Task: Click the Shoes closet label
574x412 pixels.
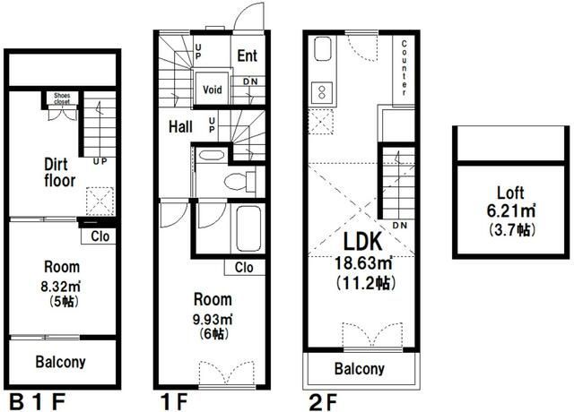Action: [62, 99]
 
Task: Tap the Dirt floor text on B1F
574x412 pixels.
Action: [59, 173]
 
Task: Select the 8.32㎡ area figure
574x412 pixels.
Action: [60, 287]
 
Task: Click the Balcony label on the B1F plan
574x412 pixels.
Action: [61, 362]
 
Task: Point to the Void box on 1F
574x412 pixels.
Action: [213, 89]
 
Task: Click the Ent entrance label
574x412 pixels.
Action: [248, 56]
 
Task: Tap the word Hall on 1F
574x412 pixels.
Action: [180, 127]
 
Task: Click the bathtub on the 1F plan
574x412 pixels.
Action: [248, 228]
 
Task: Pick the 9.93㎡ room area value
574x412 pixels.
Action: [213, 319]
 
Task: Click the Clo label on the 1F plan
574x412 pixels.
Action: [244, 267]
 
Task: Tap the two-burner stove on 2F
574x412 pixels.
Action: [322, 92]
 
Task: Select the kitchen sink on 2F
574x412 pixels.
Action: [322, 49]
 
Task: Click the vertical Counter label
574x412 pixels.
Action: [404, 68]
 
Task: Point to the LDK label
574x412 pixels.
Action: [362, 241]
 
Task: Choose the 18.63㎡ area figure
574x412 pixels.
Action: [363, 262]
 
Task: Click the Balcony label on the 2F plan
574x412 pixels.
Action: [360, 368]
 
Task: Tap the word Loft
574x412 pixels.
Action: [510, 193]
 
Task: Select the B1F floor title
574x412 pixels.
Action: [37, 402]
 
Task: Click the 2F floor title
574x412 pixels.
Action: [323, 403]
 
